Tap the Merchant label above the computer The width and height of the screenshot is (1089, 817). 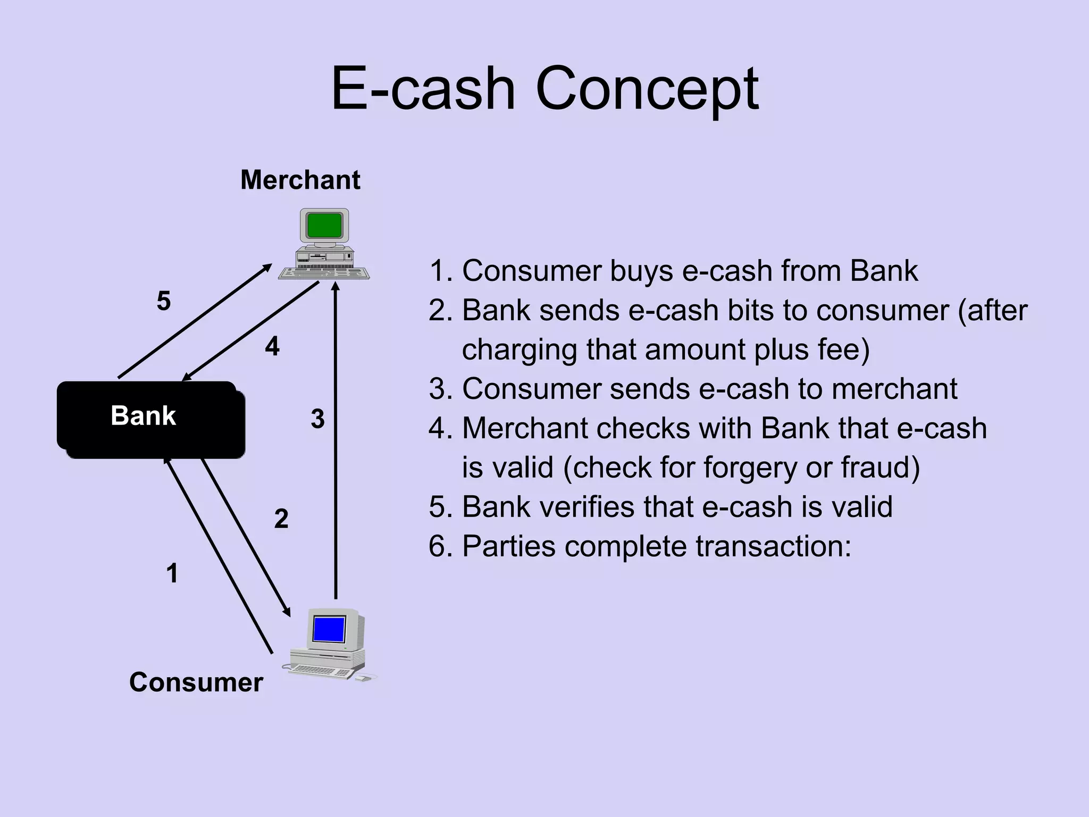(x=300, y=180)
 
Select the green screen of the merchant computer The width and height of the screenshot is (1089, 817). (x=324, y=226)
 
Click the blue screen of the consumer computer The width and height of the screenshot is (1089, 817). (x=329, y=629)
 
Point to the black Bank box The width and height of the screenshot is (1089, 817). (x=150, y=420)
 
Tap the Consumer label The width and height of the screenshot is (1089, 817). (x=196, y=682)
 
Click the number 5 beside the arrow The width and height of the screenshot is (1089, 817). (x=164, y=301)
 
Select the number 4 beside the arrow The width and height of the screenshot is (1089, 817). (x=272, y=347)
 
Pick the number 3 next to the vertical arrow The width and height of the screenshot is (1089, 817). (x=317, y=419)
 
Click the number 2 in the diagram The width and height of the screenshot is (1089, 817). (x=281, y=519)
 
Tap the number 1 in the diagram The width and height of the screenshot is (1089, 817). (x=172, y=573)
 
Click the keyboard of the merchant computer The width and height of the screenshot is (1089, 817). (x=323, y=273)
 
